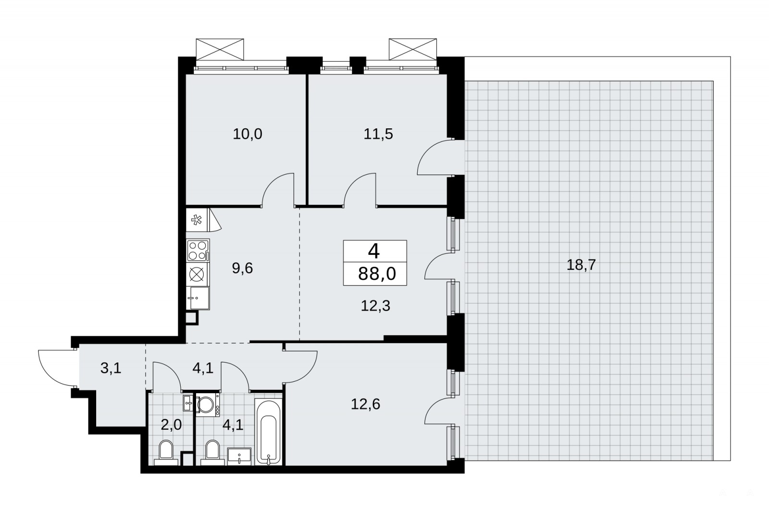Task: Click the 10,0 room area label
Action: (x=247, y=134)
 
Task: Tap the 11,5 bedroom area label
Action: (x=378, y=134)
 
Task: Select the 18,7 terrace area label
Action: (x=581, y=265)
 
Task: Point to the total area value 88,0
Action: (x=377, y=274)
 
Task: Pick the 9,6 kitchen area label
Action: (x=242, y=268)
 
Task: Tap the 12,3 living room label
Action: (x=375, y=306)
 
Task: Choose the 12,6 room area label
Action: (x=365, y=404)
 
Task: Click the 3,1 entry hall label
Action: (x=111, y=368)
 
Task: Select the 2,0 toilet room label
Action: (x=171, y=425)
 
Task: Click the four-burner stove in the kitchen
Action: (x=198, y=250)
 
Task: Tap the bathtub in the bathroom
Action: (x=268, y=432)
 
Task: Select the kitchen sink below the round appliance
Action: (x=198, y=298)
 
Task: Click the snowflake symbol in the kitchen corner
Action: (x=197, y=220)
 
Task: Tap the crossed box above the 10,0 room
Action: (x=220, y=50)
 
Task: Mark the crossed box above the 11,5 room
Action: (x=413, y=50)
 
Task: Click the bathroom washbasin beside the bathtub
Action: (x=239, y=456)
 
